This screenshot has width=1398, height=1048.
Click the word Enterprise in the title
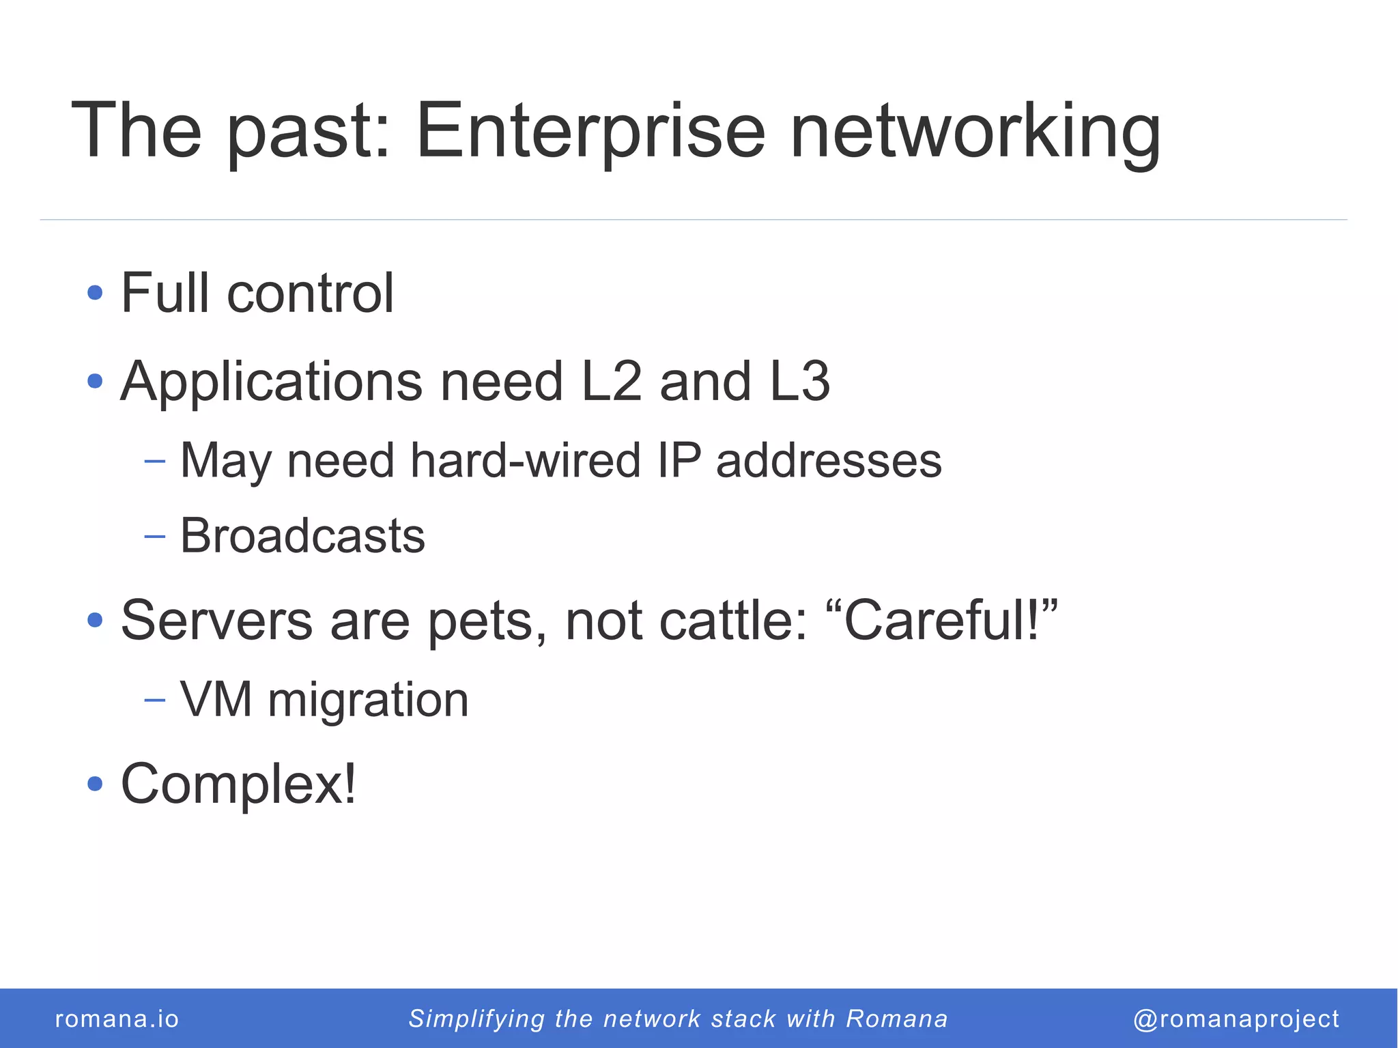(590, 131)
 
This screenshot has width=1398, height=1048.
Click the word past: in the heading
(308, 131)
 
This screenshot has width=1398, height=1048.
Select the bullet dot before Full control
(95, 294)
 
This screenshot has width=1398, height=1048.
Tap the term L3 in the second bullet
(800, 381)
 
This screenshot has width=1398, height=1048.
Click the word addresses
(829, 460)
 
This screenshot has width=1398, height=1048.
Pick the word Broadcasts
(302, 535)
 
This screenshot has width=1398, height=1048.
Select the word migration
(368, 700)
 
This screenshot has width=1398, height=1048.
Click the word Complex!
(238, 784)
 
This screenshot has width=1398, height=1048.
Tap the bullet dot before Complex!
(95, 784)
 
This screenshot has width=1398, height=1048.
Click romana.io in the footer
(117, 1019)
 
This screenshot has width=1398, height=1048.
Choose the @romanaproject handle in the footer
(1236, 1019)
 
